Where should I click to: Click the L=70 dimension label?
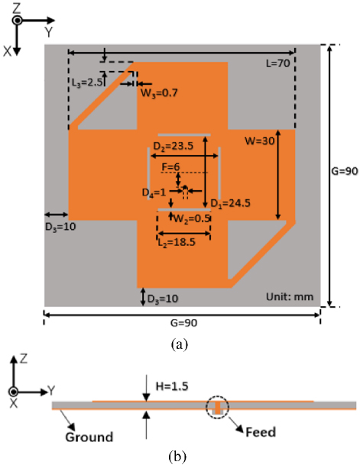tap(277, 63)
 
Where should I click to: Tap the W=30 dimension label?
tap(259, 140)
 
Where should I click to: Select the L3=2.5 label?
tap(87, 82)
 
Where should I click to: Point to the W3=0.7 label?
tap(159, 93)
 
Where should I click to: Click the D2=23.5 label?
tap(174, 146)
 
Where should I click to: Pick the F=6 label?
tap(170, 167)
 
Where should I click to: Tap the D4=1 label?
tap(154, 192)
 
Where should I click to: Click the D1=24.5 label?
tap(230, 203)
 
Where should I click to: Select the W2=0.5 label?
tap(192, 219)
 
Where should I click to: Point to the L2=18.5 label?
tap(177, 243)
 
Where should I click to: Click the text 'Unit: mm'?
tap(290, 297)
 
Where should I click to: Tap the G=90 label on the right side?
tap(345, 171)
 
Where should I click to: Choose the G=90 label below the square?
tap(183, 323)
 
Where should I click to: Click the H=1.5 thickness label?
tap(172, 386)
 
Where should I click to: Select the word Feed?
tap(261, 432)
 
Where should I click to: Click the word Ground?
tap(89, 437)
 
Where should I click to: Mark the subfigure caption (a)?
tap(180, 344)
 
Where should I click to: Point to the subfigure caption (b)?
tap(178, 457)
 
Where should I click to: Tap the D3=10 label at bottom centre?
tap(163, 299)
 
